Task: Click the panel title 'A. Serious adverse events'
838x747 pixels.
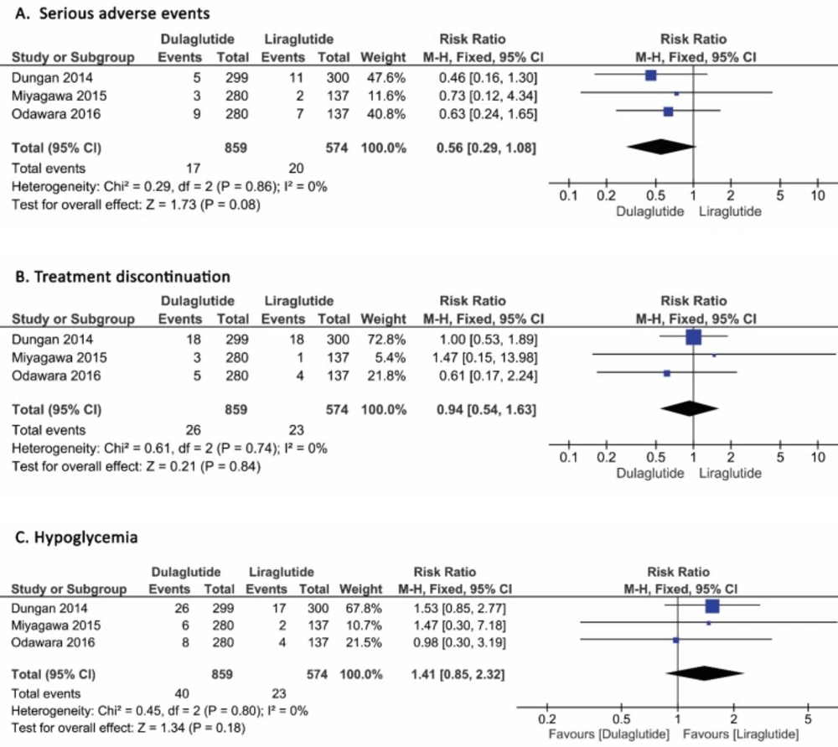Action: click(x=112, y=13)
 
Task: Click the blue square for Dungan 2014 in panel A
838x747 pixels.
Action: click(x=650, y=75)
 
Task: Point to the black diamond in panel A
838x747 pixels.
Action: click(x=661, y=147)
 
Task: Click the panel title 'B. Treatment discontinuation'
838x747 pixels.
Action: click(x=123, y=277)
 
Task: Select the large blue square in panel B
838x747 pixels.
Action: click(x=693, y=337)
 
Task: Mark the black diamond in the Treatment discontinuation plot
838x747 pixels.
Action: click(x=690, y=408)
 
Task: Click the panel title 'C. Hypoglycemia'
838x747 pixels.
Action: click(x=76, y=537)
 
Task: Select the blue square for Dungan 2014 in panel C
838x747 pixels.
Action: click(x=712, y=606)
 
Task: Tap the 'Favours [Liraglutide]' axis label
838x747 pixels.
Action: click(x=741, y=734)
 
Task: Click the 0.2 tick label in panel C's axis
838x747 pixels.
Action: click(x=547, y=719)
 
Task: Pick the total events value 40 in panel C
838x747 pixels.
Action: click(x=182, y=693)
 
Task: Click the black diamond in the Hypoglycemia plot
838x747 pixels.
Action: click(x=705, y=673)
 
